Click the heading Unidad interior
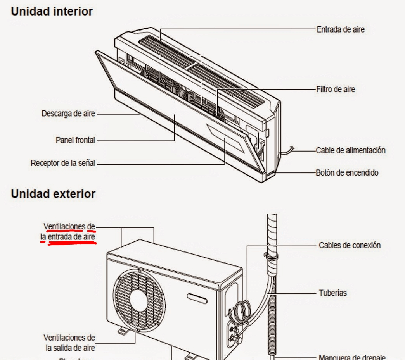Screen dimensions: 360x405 [52, 12]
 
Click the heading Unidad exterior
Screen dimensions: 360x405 [53, 194]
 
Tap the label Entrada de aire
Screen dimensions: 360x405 [340, 29]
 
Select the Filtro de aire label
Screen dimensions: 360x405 [336, 90]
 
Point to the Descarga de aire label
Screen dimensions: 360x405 [68, 114]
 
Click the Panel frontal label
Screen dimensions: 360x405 [75, 140]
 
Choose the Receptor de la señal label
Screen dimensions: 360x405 [63, 163]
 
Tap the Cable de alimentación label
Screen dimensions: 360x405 [350, 150]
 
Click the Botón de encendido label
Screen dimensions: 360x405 [347, 173]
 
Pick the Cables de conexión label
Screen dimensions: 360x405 [350, 245]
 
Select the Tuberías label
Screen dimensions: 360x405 [332, 293]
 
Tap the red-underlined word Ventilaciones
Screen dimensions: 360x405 [64, 226]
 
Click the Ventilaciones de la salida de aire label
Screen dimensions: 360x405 [69, 343]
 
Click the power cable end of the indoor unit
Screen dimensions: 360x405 [291, 149]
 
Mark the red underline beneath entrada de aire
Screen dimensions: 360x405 [72, 243]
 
